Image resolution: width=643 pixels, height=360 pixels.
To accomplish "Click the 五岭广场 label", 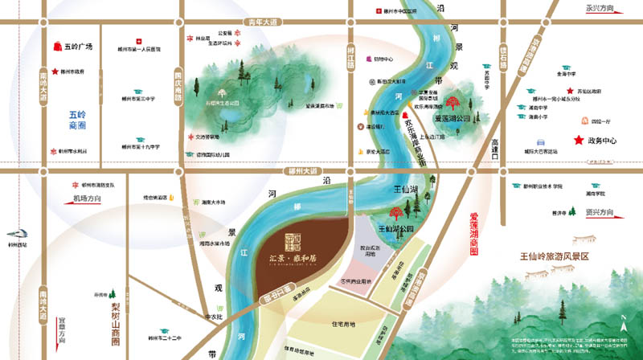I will (x=79, y=47).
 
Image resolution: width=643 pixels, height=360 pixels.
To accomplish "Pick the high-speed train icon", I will (x=14, y=230).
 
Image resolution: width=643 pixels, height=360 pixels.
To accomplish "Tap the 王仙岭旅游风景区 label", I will (x=555, y=256).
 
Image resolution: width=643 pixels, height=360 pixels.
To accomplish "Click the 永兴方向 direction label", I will (x=600, y=9).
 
